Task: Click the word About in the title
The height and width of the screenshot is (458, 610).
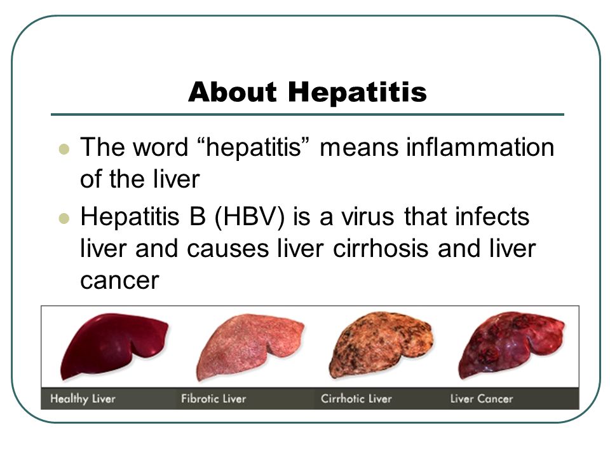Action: (233, 92)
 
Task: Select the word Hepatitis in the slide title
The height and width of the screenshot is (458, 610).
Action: (357, 92)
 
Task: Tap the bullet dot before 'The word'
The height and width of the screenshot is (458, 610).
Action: (63, 151)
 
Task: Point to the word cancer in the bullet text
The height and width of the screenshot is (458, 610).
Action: (119, 281)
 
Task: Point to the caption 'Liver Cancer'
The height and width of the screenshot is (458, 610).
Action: (481, 399)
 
